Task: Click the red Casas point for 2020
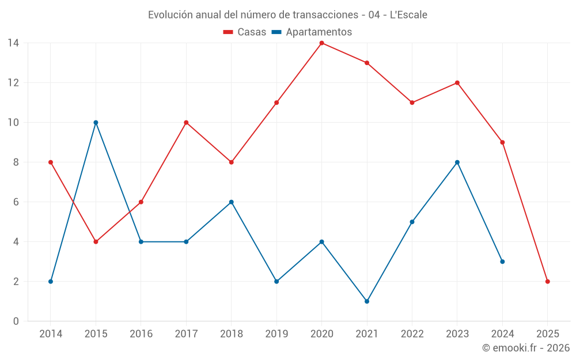[321, 43]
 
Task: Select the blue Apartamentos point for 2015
[96, 123]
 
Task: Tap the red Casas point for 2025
[547, 282]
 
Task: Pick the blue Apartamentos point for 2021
[367, 301]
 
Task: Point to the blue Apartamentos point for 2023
[457, 162]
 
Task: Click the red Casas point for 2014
[51, 162]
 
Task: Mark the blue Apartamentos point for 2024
[502, 262]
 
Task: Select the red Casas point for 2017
[186, 123]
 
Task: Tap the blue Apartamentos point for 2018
[231, 202]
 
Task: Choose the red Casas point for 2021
[367, 63]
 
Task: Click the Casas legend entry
[245, 32]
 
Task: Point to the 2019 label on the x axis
[276, 334]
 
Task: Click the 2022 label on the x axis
[412, 334]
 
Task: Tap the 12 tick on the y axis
[13, 83]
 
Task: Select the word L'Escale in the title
[408, 15]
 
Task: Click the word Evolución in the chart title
[170, 15]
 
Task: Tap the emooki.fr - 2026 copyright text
[526, 348]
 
